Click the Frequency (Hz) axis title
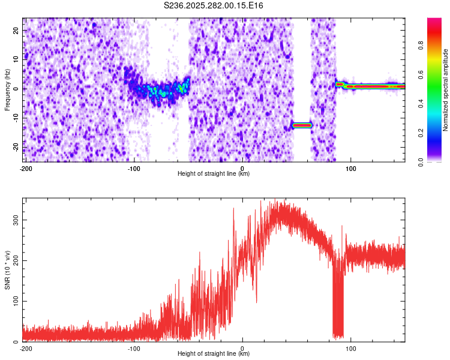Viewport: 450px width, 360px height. tap(7, 89)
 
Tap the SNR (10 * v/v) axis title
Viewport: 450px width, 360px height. tap(7, 269)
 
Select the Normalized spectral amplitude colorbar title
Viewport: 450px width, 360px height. tap(446, 90)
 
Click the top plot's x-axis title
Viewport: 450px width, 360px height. tap(214, 173)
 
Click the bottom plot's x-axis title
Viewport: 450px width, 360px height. tap(214, 353)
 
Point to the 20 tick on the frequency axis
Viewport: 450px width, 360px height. tap(16, 30)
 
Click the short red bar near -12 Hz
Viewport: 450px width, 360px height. tap(301, 125)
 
